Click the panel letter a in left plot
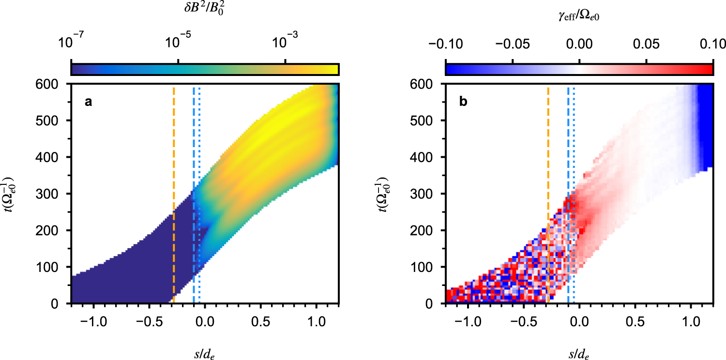pos(88,102)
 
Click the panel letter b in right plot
pos(463,102)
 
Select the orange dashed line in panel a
pos(174,194)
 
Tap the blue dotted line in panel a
pos(199,194)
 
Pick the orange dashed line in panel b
pos(548,194)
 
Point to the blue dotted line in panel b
pos(574,194)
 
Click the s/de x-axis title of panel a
pos(204,352)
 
